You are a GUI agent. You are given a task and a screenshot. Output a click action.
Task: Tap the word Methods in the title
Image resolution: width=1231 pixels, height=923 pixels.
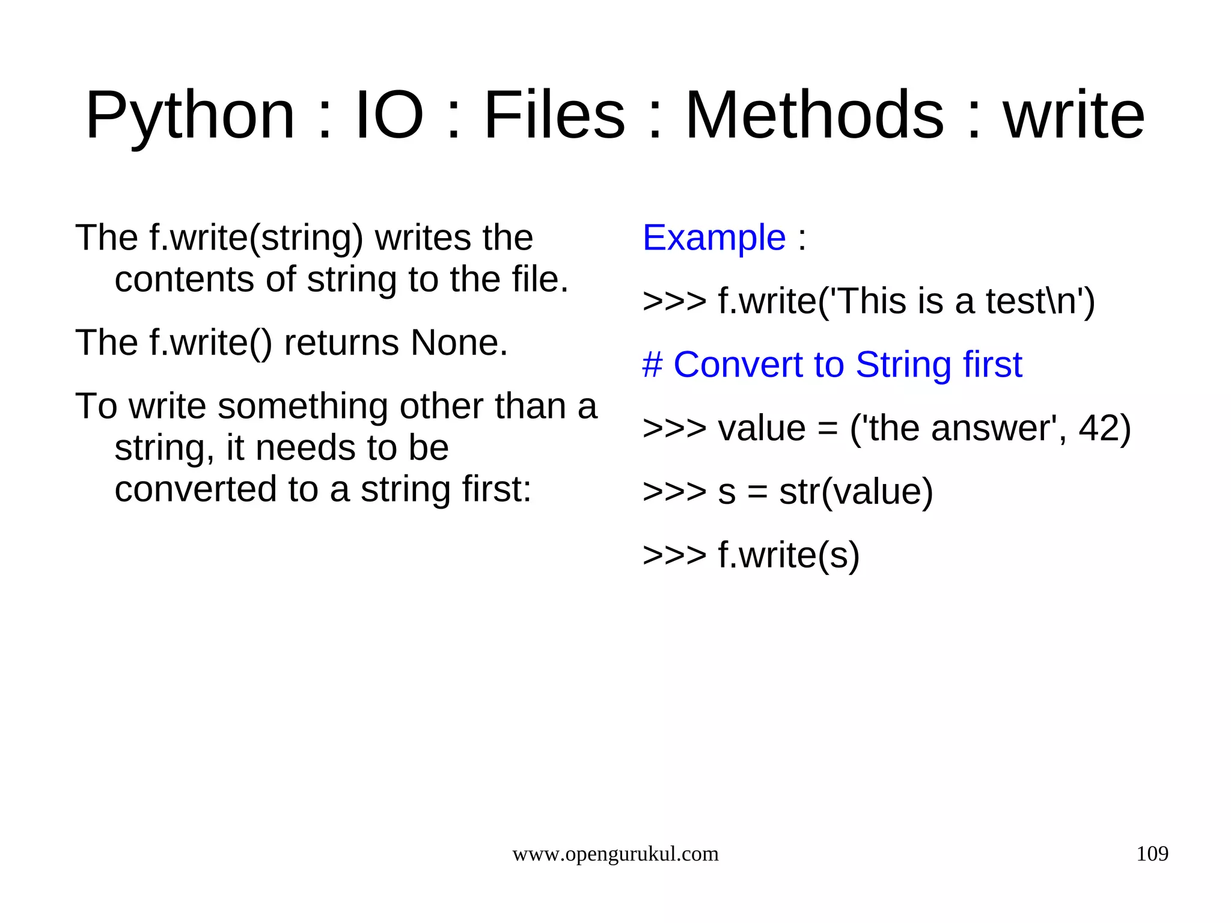pos(814,115)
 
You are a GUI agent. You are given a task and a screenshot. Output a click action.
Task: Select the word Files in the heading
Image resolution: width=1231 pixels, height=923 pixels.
pos(554,115)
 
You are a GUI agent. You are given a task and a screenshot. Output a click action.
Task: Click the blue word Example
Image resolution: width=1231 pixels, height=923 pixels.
pos(714,238)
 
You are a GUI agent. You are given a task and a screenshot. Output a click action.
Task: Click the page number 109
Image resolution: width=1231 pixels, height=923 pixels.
pos(1152,854)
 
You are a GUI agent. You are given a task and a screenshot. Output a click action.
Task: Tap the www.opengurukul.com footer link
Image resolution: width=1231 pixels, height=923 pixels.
pos(615,854)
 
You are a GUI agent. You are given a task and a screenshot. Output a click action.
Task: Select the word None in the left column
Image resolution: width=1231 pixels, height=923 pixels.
pos(459,343)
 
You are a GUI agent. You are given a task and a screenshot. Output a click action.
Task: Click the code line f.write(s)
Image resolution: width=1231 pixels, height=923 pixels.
pos(751,555)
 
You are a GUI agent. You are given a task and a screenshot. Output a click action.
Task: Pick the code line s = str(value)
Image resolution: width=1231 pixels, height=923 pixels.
pos(788,492)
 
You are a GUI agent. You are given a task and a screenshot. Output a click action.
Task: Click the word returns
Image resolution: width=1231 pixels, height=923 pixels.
pos(341,343)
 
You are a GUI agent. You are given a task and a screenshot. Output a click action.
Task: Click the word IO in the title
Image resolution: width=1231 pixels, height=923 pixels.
pos(389,115)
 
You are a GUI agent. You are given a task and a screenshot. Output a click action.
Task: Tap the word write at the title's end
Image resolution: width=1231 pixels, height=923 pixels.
pos(1074,115)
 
